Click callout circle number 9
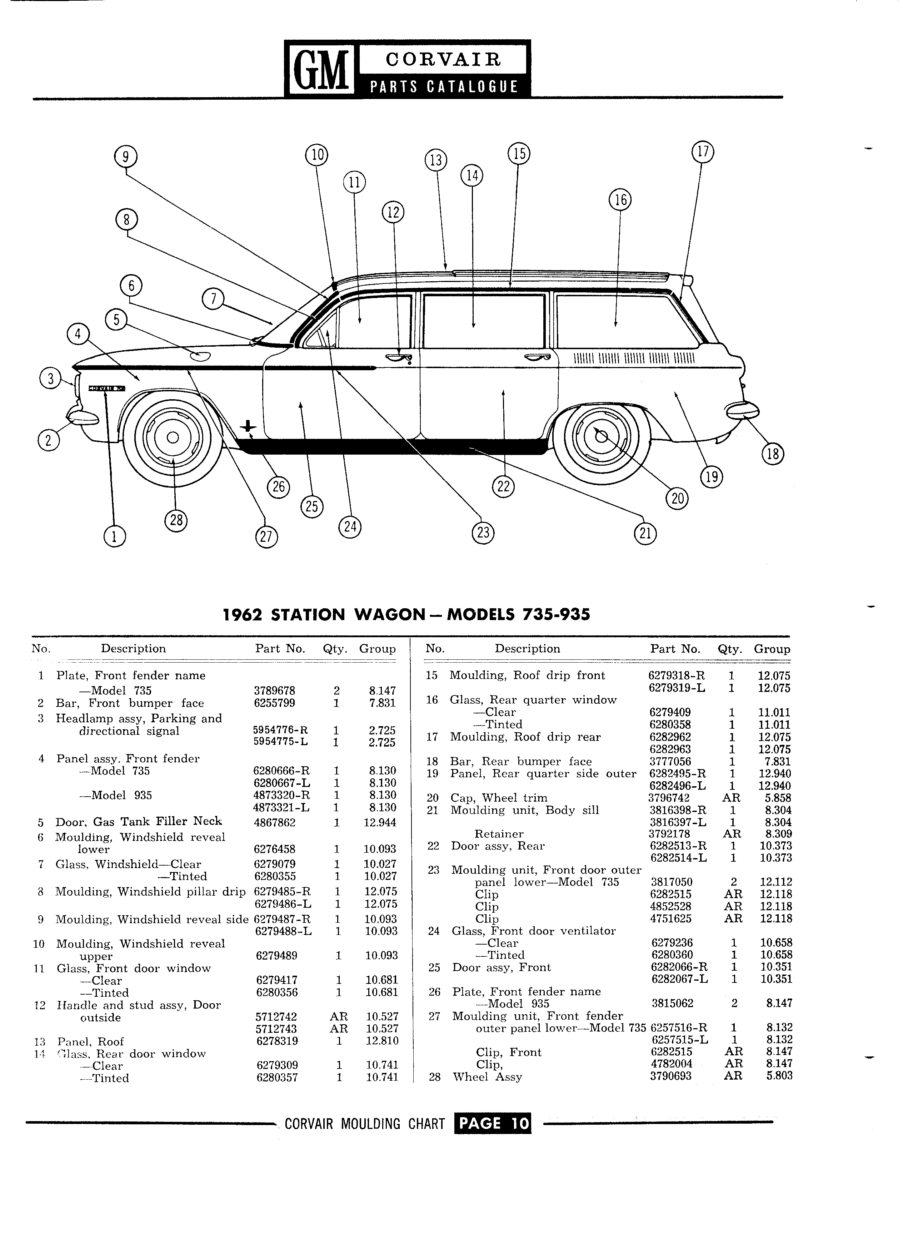tap(125, 157)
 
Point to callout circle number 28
tap(176, 521)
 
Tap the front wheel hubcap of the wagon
tap(173, 437)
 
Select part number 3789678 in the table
tap(274, 690)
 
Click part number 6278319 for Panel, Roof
tap(277, 1041)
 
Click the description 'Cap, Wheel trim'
tap(498, 798)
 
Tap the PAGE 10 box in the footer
tap(492, 1124)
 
